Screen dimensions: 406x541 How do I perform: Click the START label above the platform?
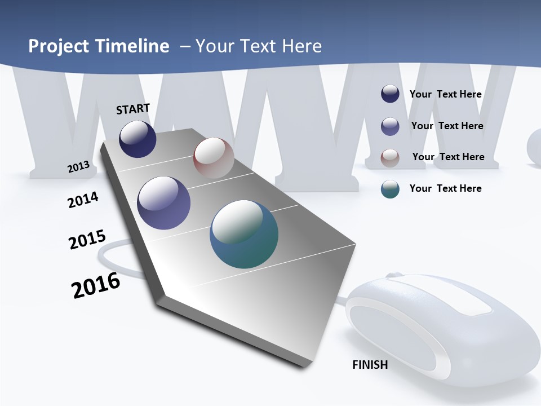pyautogui.click(x=133, y=109)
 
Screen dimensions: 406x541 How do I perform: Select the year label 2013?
pyautogui.click(x=78, y=167)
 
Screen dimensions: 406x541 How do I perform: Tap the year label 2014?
pyautogui.click(x=83, y=200)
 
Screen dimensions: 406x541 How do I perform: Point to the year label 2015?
pyautogui.click(x=87, y=239)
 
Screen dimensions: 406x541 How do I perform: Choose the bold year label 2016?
pyautogui.click(x=96, y=285)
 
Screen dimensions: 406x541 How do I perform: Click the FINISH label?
pyautogui.click(x=370, y=365)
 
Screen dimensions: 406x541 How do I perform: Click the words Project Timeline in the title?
pyautogui.click(x=99, y=46)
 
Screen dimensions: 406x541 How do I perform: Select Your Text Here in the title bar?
pyautogui.click(x=259, y=46)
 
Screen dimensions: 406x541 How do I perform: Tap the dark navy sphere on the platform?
pyautogui.click(x=138, y=139)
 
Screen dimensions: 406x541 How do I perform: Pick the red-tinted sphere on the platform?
pyautogui.click(x=214, y=158)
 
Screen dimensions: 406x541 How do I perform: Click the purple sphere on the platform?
pyautogui.click(x=164, y=203)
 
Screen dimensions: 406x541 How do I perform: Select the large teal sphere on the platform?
pyautogui.click(x=244, y=234)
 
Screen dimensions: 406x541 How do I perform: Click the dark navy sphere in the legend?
pyautogui.click(x=390, y=94)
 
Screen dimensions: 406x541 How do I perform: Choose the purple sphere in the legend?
pyautogui.click(x=390, y=126)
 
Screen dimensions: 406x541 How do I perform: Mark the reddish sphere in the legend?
pyautogui.click(x=390, y=158)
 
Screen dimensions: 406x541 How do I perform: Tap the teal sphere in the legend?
pyautogui.click(x=390, y=189)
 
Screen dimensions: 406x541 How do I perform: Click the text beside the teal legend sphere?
pyautogui.click(x=445, y=188)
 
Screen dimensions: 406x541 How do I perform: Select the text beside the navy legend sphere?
pyautogui.click(x=445, y=94)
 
